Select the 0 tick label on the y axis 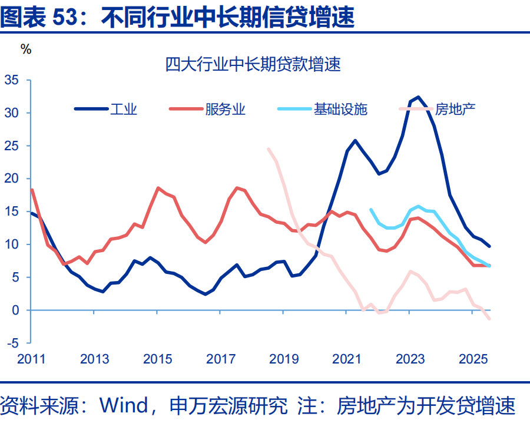click(16, 310)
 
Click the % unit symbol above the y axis click(26, 49)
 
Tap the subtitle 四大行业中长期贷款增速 click(253, 65)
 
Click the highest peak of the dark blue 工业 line click(418, 97)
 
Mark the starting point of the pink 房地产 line click(269, 149)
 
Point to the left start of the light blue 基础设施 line click(370, 209)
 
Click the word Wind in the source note click(124, 405)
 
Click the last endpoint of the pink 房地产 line click(489, 319)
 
